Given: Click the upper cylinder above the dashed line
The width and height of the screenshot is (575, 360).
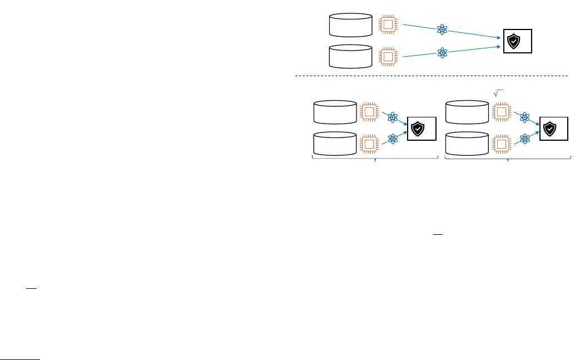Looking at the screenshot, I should pyautogui.click(x=350, y=24).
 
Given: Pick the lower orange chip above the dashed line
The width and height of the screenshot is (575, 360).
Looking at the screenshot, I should pyautogui.click(x=389, y=57).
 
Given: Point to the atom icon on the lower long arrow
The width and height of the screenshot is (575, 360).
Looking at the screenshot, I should pyautogui.click(x=443, y=52).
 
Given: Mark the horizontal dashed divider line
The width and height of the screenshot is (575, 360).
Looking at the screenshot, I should pyautogui.click(x=434, y=75).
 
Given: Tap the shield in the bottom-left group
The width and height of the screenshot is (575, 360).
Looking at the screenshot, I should pyautogui.click(x=417, y=129).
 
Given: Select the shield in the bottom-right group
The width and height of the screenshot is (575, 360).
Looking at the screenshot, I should pyautogui.click(x=549, y=129).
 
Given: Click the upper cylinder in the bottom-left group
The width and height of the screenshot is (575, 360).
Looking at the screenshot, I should pyautogui.click(x=335, y=112).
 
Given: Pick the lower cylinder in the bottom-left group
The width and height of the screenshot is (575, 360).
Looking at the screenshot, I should pyautogui.click(x=335, y=144).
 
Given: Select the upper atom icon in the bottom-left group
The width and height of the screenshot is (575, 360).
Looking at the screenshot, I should pyautogui.click(x=393, y=117).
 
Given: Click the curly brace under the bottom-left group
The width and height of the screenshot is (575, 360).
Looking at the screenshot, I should pyautogui.click(x=376, y=160).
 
